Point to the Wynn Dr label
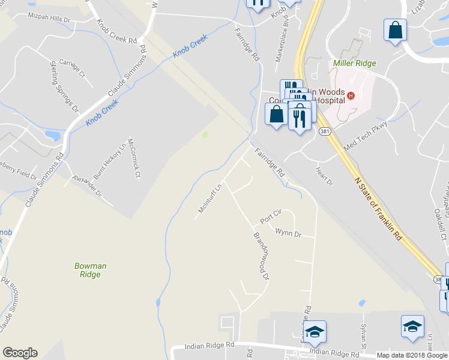coord(288,232)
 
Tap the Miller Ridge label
coord(354,63)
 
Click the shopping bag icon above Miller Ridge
coord(396,30)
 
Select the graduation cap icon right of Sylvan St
coord(412,326)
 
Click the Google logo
coord(20,353)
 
